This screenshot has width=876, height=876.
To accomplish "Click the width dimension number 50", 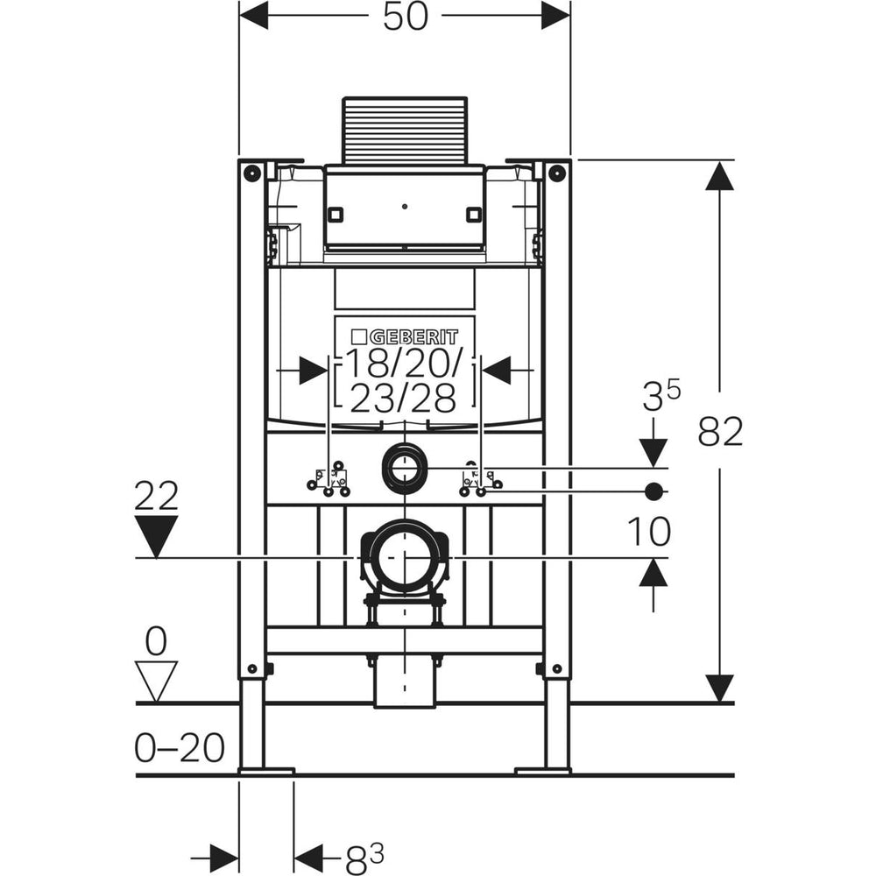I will click(405, 16).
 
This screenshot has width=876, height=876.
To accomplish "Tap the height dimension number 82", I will click(721, 431).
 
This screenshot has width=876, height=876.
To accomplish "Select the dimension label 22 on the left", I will click(157, 497).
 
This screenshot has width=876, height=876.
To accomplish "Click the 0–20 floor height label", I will click(180, 747).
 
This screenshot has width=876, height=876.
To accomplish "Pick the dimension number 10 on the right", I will click(649, 530).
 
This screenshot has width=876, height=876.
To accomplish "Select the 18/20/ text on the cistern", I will click(404, 362).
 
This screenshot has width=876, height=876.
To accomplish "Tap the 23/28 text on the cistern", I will click(404, 399).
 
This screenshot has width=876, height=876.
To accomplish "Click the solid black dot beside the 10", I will click(653, 491).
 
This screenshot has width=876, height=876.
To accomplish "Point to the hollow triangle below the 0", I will click(157, 680).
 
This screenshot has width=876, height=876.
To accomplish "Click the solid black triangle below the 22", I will click(157, 535).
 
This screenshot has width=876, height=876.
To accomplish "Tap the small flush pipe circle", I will click(404, 469).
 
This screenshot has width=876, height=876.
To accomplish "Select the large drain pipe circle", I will click(404, 557).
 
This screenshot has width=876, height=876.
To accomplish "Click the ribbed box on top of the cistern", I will click(404, 130).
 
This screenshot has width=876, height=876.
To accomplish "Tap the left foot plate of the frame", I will click(265, 771).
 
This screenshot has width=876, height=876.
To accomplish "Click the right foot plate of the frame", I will click(543, 771).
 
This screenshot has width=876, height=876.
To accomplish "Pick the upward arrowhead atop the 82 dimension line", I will click(720, 176).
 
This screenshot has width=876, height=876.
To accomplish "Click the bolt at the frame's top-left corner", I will click(251, 172).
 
